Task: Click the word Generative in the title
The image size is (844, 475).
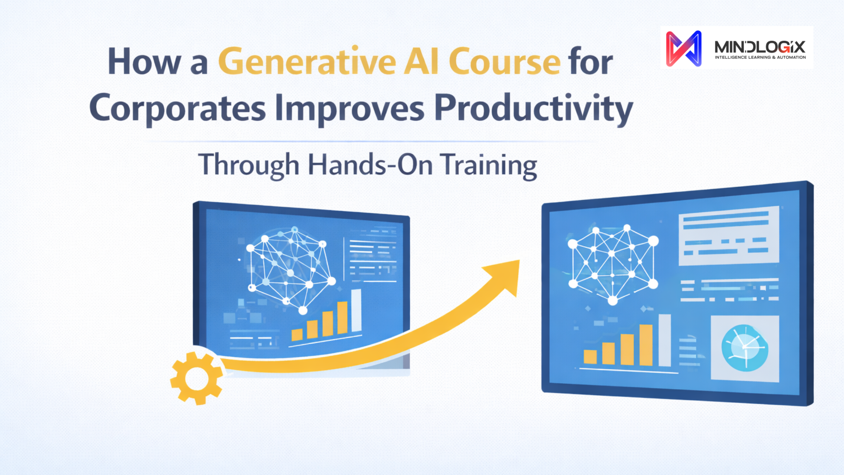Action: pyautogui.click(x=307, y=61)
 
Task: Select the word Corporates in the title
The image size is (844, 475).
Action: pyautogui.click(x=177, y=109)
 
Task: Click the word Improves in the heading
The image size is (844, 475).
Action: pyautogui.click(x=350, y=109)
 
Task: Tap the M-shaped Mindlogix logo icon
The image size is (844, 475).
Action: pyautogui.click(x=683, y=49)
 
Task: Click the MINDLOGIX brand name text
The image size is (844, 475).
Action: pyautogui.click(x=760, y=47)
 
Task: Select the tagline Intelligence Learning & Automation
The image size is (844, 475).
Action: pyautogui.click(x=760, y=57)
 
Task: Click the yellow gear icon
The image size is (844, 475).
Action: pyautogui.click(x=196, y=378)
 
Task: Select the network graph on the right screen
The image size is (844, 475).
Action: pyautogui.click(x=613, y=264)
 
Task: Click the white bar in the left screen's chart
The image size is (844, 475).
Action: pyautogui.click(x=356, y=311)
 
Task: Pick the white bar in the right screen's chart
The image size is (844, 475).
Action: pyautogui.click(x=665, y=340)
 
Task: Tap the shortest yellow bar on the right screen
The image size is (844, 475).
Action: pyautogui.click(x=590, y=357)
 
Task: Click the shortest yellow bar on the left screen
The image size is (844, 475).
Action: pyautogui.click(x=297, y=334)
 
